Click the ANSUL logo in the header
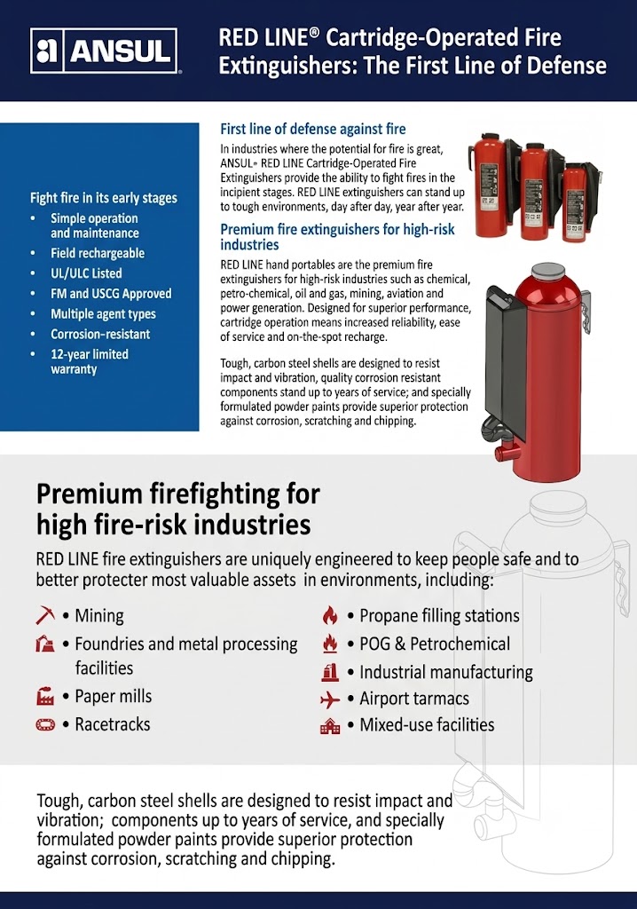(105, 51)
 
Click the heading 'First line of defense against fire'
(313, 129)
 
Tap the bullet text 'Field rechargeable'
(98, 253)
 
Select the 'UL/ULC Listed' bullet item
(86, 273)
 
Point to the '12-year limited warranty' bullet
(90, 362)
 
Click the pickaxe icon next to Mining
(44, 615)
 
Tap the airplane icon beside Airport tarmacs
(330, 700)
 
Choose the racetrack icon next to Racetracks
(45, 724)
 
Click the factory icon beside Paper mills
(45, 696)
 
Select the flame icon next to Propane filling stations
(330, 615)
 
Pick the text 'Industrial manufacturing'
(445, 672)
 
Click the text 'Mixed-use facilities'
(427, 724)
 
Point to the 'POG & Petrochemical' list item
(435, 644)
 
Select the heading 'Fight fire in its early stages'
(104, 198)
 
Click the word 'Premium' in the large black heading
(90, 494)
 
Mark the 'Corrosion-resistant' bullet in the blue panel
(100, 334)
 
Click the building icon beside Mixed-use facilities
(330, 726)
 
